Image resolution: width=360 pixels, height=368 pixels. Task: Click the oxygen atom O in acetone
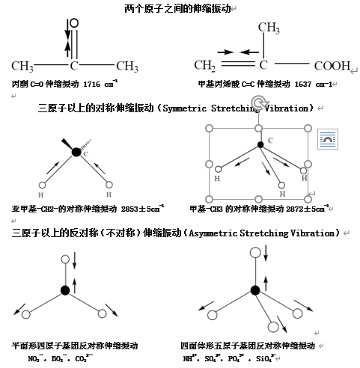74,23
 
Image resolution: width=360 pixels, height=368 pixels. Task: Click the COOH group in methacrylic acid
332,66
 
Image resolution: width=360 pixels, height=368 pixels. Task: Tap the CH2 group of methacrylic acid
204,66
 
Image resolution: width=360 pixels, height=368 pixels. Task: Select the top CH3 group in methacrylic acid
269,28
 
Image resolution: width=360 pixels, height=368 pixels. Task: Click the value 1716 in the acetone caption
92,85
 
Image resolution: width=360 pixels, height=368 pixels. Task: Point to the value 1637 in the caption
303,85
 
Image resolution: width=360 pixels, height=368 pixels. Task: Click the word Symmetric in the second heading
185,108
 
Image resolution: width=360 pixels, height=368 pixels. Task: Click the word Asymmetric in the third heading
213,233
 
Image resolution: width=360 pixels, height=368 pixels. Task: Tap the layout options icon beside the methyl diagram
328,139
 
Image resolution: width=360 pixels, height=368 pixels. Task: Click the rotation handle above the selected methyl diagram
259,102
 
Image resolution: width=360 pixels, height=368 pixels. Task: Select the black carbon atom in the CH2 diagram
76,152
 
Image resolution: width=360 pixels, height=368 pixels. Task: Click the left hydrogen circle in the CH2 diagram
42,185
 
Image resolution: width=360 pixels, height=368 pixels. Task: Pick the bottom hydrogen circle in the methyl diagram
281,185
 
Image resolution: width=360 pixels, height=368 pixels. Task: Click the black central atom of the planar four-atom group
65,290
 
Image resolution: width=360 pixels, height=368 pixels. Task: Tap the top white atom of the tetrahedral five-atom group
255,252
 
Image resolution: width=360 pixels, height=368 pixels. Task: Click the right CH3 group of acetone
127,67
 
